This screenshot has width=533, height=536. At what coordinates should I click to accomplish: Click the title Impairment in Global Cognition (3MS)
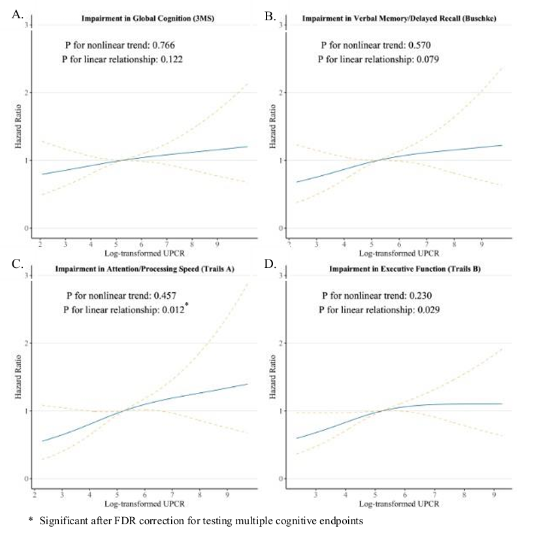[141, 18]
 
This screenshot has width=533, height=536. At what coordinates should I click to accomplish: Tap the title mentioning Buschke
[399, 18]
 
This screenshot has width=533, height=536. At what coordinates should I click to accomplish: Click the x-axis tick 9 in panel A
[218, 242]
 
